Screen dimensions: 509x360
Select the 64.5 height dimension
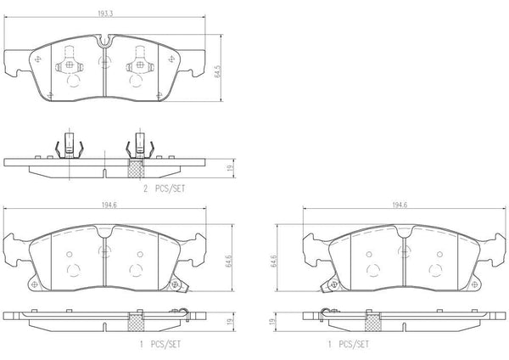click(218, 71)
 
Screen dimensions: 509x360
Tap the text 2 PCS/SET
click(165, 188)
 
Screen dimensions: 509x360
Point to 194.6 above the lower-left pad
click(109, 205)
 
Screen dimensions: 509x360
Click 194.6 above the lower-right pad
click(400, 205)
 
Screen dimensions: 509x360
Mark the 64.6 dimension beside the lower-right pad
click(274, 262)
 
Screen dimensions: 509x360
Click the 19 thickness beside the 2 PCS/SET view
click(231, 168)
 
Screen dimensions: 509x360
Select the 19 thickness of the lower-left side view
click(230, 321)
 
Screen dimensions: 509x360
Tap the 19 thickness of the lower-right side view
click(272, 321)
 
